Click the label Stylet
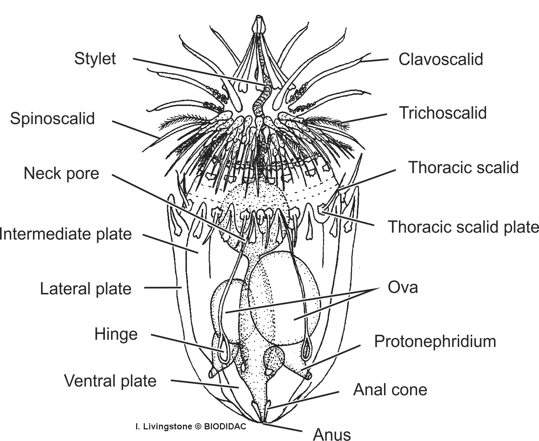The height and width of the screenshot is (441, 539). pos(95,58)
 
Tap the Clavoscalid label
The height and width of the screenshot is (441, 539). pos(441,59)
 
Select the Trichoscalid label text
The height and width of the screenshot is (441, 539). pos(443,113)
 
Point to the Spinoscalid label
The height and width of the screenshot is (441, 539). pos(52,119)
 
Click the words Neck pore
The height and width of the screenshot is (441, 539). pos(61,173)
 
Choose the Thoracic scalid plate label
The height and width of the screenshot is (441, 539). pos(463,227)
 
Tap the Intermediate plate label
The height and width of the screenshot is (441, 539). pos(65,234)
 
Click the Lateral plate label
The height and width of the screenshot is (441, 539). pos(85,289)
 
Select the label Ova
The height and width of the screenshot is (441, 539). pos(403,287)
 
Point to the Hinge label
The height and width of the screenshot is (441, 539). pos(116,334)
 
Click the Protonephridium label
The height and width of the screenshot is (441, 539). pos(435,342)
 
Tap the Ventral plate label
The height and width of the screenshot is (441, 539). pos(110,381)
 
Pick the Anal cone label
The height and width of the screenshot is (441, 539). pos(390,390)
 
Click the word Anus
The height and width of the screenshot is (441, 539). pos(332,434)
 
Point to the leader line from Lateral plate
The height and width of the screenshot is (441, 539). pos(163,288)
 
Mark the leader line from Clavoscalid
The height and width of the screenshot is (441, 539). pos(375,60)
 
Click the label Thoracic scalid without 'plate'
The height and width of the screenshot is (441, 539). pos(463,168)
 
